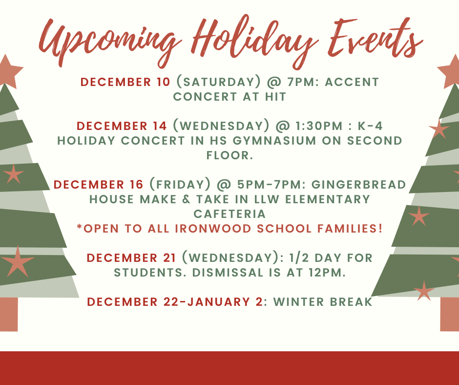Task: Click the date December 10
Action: (x=125, y=82)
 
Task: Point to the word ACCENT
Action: (x=352, y=82)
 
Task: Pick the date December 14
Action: (x=122, y=126)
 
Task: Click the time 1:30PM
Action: (x=319, y=126)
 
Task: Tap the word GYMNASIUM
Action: (x=274, y=141)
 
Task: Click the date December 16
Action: (x=98, y=185)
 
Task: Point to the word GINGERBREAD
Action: (x=358, y=185)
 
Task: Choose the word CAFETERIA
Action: (x=229, y=214)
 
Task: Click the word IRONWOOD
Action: (x=213, y=229)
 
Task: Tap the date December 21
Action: (x=131, y=258)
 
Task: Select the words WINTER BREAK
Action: (x=323, y=302)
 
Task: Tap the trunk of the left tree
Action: (x=9, y=314)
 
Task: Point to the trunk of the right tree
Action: (x=450, y=314)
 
